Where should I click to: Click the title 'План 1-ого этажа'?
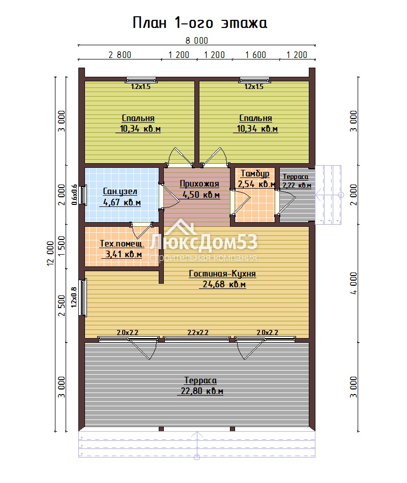200,23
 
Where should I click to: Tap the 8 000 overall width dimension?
197,41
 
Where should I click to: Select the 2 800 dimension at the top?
120,55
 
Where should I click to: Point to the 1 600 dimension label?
255,55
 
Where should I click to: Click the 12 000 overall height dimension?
50,254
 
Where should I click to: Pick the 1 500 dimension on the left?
62,246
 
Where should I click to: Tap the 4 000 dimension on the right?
354,283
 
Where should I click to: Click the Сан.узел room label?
120,191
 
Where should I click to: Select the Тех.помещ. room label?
122,244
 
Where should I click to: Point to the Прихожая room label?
199,184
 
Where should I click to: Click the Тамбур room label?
255,174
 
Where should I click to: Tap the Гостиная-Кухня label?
222,274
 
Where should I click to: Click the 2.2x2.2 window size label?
198,333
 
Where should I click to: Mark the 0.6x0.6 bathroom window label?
74,195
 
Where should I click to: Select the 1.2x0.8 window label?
74,297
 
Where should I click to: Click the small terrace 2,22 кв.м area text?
297,186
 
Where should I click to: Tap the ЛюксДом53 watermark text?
203,243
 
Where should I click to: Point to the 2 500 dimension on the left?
62,306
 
